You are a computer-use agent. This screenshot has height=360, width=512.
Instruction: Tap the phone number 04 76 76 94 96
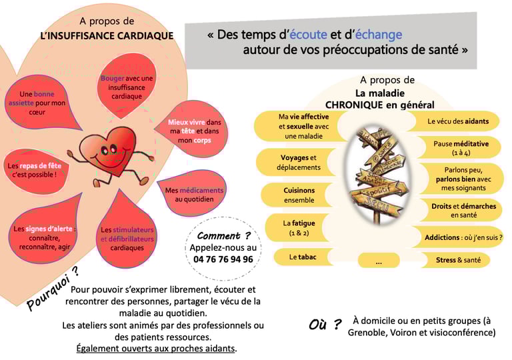223,259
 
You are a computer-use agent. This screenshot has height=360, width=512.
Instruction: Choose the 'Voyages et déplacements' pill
295,163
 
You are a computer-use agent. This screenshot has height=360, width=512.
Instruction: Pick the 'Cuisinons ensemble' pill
299,195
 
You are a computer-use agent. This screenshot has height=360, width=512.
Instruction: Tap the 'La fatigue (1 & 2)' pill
299,228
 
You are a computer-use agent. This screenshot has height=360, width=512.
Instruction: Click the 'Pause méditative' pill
461,147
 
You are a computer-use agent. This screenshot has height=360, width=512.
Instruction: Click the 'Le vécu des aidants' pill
457,121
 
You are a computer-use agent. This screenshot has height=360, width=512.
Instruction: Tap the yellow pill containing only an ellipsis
379,261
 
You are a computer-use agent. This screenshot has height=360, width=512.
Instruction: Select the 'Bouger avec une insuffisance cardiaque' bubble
127,87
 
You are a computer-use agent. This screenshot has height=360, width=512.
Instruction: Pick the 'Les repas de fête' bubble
38,170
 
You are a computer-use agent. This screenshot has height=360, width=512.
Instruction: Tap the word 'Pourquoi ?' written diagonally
51,289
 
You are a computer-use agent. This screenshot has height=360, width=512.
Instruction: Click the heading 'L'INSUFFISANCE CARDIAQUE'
106,35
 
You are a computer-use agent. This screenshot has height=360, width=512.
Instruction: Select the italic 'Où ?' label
325,325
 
